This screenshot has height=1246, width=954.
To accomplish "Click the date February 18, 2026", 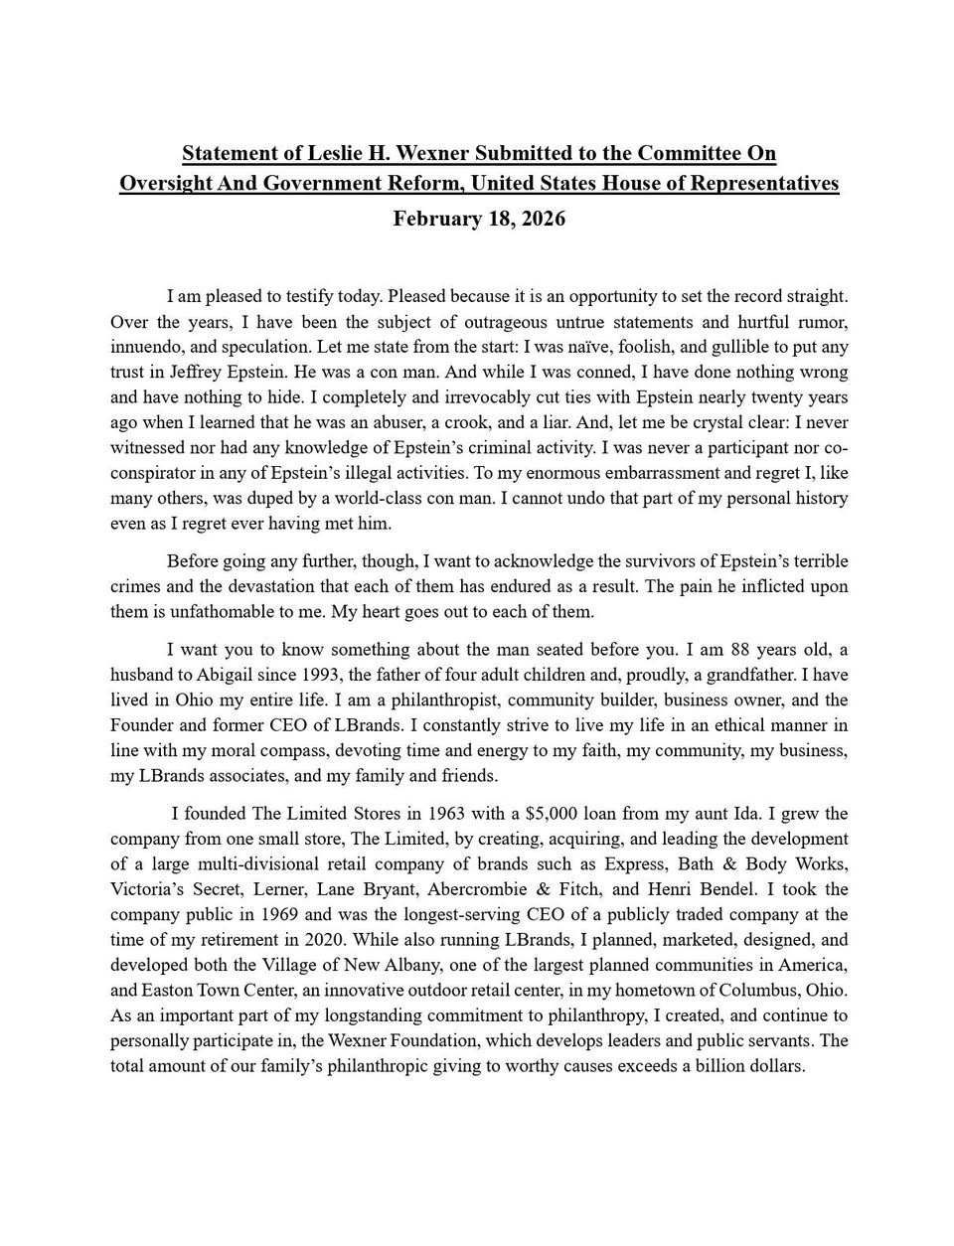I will click(479, 219).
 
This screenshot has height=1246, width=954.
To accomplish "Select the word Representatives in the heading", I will click(763, 184).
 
